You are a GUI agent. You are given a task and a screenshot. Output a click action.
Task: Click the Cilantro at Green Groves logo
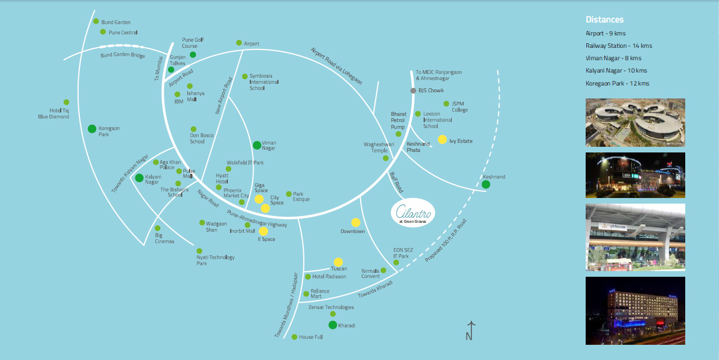(x=412, y=213)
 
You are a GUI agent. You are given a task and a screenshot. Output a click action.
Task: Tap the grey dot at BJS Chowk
(x=413, y=91)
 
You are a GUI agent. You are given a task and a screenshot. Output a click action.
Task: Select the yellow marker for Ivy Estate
(x=442, y=139)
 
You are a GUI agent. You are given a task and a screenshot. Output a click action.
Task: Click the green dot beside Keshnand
(x=486, y=184)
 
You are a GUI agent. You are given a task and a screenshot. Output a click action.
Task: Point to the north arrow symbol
(x=470, y=330)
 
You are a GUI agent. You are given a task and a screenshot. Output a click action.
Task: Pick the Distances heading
(x=604, y=20)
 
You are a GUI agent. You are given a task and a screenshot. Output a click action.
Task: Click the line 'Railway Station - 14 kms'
(x=618, y=46)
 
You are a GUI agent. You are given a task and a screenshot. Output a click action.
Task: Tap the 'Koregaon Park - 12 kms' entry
(x=617, y=83)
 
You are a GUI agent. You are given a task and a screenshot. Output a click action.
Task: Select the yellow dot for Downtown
(x=356, y=222)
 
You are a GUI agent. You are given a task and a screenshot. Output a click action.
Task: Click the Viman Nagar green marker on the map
(x=257, y=145)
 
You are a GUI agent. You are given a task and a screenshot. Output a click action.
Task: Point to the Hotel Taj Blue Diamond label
(x=59, y=114)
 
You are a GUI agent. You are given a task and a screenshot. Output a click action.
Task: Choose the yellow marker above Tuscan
(x=338, y=262)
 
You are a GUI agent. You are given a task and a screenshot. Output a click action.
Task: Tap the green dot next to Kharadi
(x=332, y=325)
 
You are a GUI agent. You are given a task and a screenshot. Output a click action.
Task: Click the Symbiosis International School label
(x=264, y=82)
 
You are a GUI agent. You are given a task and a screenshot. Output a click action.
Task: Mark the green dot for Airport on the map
(x=239, y=43)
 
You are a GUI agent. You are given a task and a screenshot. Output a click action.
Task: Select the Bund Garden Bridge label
(x=122, y=55)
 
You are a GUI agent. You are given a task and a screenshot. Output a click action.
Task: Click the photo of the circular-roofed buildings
(x=635, y=123)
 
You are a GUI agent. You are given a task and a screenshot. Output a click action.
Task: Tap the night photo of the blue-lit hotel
(x=635, y=310)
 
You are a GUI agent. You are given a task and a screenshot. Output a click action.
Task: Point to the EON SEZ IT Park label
(x=401, y=253)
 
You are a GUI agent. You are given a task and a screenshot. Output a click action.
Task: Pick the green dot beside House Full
(x=294, y=337)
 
